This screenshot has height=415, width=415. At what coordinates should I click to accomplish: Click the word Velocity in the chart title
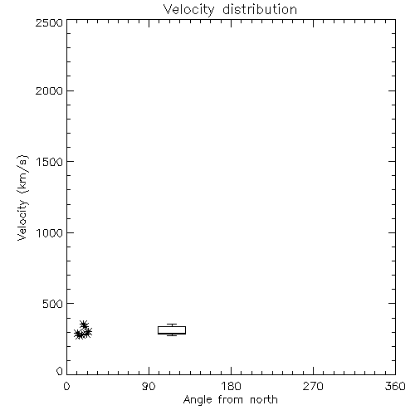click(188, 10)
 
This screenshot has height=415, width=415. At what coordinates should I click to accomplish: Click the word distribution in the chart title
click(260, 9)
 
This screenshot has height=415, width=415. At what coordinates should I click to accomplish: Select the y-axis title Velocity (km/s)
click(22, 198)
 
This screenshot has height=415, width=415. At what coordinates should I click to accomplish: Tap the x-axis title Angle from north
click(230, 399)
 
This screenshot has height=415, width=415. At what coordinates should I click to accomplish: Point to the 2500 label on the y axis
click(49, 22)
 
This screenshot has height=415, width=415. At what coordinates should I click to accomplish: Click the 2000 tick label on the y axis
click(49, 90)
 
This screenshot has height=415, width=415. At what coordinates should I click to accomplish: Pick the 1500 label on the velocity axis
click(50, 162)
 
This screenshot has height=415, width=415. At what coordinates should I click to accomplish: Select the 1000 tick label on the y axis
click(50, 232)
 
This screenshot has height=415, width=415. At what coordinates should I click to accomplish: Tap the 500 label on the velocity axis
click(53, 304)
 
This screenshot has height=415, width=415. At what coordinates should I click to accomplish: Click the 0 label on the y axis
click(60, 371)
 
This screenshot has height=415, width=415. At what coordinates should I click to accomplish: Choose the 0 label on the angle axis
click(66, 386)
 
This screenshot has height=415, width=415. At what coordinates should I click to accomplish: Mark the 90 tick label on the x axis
click(149, 386)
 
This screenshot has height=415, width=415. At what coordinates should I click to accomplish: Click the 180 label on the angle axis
click(231, 386)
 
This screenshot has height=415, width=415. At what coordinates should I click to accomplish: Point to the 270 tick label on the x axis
click(313, 386)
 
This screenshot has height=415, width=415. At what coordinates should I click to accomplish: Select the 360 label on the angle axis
click(395, 386)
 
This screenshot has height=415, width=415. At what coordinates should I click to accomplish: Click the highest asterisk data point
click(84, 325)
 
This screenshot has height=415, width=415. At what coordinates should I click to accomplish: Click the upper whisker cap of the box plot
click(172, 325)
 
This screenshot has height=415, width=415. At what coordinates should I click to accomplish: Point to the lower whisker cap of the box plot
click(172, 335)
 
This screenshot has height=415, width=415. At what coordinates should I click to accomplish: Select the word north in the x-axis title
click(264, 399)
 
